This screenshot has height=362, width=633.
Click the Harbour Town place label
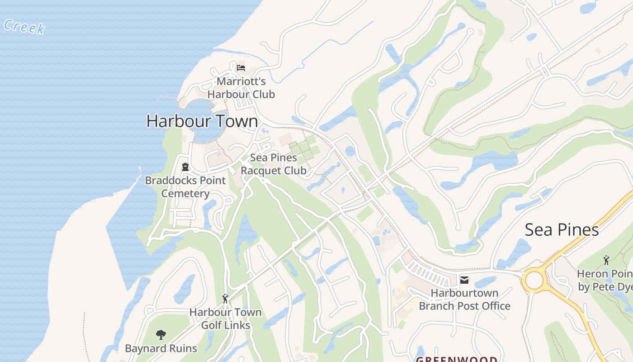coord(202,121)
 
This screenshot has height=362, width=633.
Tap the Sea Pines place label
coord(562,230)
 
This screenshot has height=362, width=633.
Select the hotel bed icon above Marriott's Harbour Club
coord(241,68)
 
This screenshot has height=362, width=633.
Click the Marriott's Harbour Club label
coord(241,88)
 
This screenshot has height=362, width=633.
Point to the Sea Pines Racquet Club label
coord(274,164)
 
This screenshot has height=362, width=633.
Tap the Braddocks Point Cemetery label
coord(185,187)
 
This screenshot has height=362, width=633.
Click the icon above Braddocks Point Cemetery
coord(185,167)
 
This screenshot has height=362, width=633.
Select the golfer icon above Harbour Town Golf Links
coord(225,299)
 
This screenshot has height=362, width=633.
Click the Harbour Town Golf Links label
coord(225,319)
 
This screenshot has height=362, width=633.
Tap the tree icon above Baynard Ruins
coord(161,335)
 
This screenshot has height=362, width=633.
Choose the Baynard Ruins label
coord(161,348)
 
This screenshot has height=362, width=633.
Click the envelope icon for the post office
coord(464,280)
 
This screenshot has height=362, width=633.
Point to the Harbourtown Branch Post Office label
coord(464,300)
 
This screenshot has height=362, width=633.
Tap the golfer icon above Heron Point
coord(606,260)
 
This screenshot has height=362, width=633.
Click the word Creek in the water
coord(24,27)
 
